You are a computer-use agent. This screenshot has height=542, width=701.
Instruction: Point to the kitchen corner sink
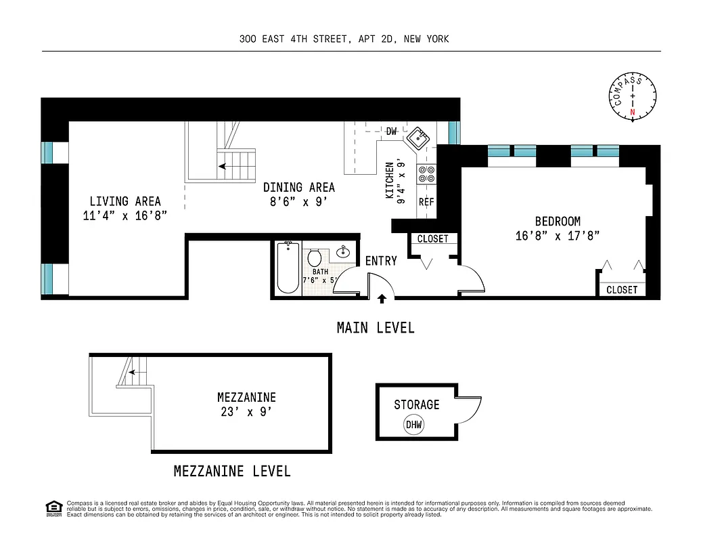click(417, 139)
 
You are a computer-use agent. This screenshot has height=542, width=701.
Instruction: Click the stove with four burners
click(426, 174)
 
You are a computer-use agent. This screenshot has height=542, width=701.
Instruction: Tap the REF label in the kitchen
click(426, 202)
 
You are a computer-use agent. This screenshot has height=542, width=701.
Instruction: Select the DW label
click(391, 131)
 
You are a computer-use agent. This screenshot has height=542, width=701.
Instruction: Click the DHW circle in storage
click(413, 425)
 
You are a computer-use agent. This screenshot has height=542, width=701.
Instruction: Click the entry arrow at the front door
click(382, 298)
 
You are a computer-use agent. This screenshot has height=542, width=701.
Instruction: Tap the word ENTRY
click(381, 261)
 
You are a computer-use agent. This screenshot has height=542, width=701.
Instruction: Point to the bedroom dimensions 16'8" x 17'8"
click(557, 236)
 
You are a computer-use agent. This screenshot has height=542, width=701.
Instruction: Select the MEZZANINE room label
click(246, 398)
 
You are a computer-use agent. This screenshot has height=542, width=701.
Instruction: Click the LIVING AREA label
click(125, 201)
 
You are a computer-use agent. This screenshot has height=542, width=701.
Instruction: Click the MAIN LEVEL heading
click(376, 328)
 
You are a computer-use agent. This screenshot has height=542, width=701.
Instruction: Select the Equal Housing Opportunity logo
click(53, 508)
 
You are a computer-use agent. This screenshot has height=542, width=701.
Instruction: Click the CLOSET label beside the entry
click(432, 239)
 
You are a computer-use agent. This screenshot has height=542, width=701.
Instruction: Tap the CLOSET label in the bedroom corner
click(621, 290)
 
